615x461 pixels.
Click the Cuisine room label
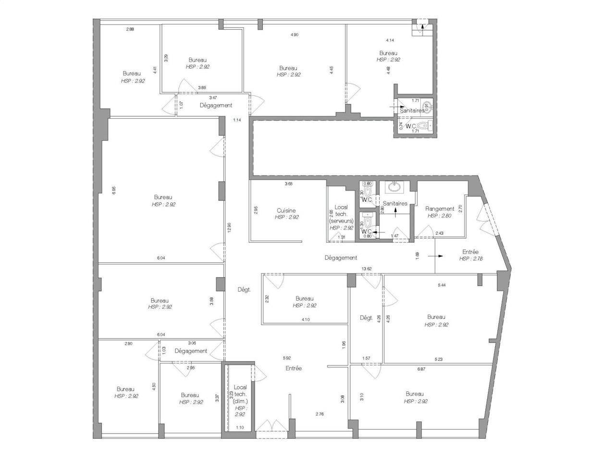pos(286,210)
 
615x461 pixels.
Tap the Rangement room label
pos(440,209)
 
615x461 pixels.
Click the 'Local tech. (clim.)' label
pos(240,394)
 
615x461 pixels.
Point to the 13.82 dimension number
pos(367,268)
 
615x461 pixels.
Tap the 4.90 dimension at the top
pos(295,35)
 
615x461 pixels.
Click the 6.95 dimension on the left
pos(114,191)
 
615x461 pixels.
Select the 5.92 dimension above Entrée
pos(287,358)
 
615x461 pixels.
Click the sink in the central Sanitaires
pos(395,186)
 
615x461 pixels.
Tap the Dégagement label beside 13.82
pos(341,258)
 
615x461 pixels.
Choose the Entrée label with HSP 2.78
pos(470,252)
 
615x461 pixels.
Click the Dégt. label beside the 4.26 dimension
pos(366,317)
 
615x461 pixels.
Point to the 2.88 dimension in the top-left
pos(130,29)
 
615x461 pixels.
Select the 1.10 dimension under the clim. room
pos(240,427)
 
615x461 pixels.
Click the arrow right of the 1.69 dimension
pos(436,256)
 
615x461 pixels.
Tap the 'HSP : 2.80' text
pos(439,216)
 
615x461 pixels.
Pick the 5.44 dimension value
pos(442,285)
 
